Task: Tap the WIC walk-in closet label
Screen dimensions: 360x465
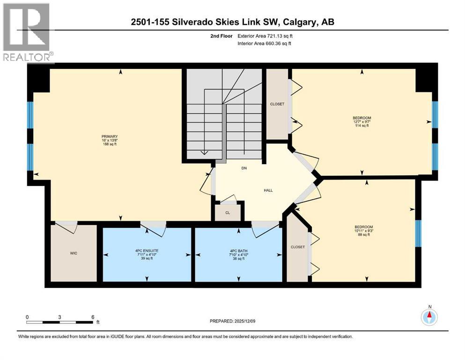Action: tap(74, 253)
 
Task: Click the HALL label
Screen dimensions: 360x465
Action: tap(268, 190)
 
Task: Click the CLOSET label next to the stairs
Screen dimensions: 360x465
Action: tap(277, 104)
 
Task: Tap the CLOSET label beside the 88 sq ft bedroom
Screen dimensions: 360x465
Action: tap(297, 247)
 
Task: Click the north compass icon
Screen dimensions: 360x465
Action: tap(429, 317)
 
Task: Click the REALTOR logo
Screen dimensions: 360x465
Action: tap(27, 33)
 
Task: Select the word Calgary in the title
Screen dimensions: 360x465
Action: tap(301, 22)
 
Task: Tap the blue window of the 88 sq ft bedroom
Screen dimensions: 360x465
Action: tap(418, 233)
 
